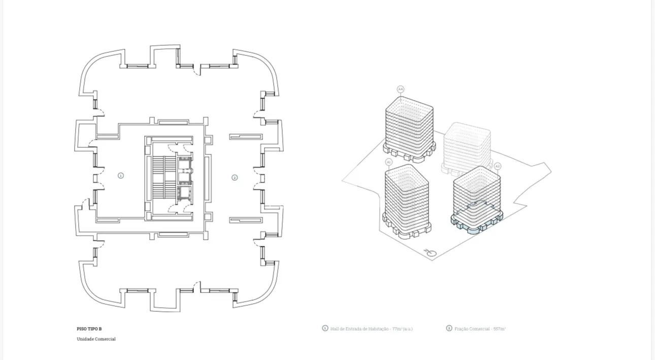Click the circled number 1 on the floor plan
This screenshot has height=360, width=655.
pos(121,176)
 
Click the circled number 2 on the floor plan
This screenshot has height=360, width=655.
pos(235,178)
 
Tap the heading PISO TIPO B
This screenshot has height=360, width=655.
pos(89,329)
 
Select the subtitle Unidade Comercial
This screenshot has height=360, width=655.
pos(96,339)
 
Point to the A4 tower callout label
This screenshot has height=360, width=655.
pos(400,89)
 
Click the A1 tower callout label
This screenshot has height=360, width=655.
pos(389,162)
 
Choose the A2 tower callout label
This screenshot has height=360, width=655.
pos(498,166)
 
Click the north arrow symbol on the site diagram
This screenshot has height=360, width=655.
pos(431,252)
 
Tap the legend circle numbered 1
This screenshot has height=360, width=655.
pos(325,329)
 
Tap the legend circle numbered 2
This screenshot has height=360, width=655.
pos(449,329)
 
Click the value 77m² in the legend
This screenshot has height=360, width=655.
pos(397,329)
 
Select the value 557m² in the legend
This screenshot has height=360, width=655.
pos(499,329)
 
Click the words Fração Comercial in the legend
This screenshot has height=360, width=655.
pos(472,329)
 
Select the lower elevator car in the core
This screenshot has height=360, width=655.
pos(183,193)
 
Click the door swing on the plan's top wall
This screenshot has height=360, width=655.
pos(196,70)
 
